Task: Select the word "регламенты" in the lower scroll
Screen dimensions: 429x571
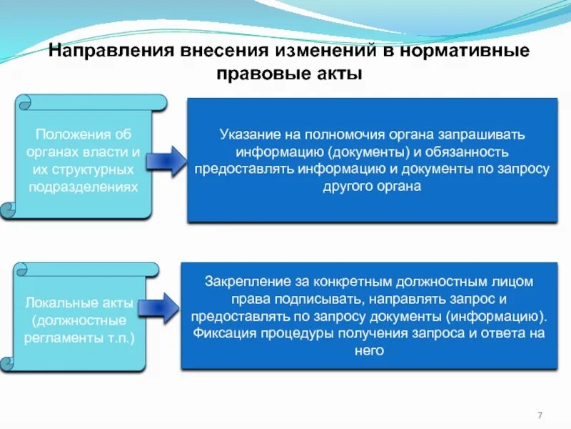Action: point(59,336)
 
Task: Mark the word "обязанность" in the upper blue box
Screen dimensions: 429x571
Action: point(470,152)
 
